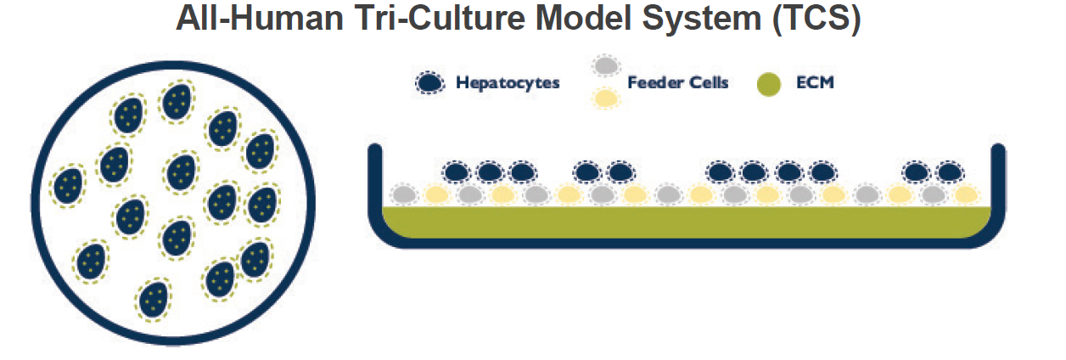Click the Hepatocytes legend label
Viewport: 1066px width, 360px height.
508,83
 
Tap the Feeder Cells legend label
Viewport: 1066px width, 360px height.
678,83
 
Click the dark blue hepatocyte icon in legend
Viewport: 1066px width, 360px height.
431,83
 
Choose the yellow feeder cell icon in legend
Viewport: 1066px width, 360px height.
604,98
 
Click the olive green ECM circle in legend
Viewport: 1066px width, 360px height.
769,83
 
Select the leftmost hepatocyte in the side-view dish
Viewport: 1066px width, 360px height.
457,172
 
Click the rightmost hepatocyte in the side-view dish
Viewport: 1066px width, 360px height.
949,172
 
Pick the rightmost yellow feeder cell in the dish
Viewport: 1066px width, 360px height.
966,195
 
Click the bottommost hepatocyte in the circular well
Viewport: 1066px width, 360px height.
154,299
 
